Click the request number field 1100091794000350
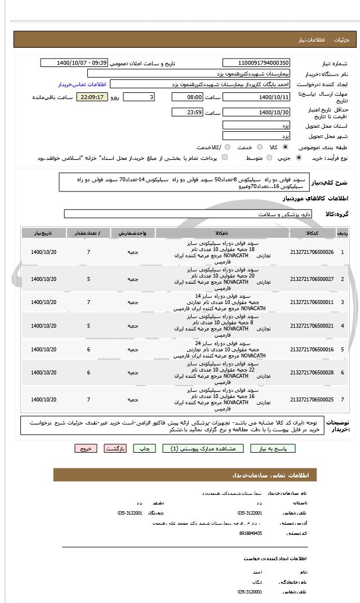coord(256,63)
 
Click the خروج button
coord(86,448)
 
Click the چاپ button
coord(144,448)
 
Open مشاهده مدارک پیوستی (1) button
coord(203,448)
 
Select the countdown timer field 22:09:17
coord(92,97)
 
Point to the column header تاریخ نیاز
coord(43,233)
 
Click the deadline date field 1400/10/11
coord(256,97)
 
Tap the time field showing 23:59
coord(186,112)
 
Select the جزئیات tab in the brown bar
coord(342,40)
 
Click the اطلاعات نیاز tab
coord(312,40)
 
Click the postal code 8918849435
coord(250,533)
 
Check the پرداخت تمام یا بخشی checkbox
coord(225,158)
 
